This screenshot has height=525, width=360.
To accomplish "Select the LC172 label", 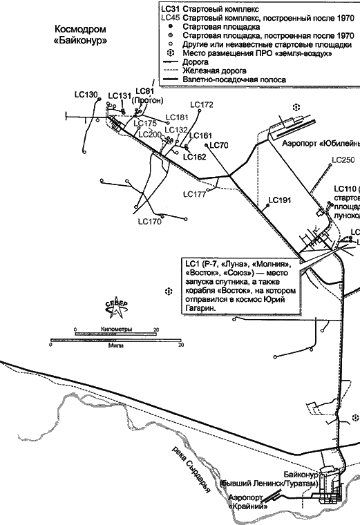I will coord(202,105).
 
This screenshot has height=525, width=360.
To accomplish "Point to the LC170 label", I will coord(149,222).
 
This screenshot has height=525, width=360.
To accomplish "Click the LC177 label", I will coord(195,194).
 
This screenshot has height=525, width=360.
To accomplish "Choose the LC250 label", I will coord(343,160).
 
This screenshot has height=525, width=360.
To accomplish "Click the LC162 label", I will coord(194,157).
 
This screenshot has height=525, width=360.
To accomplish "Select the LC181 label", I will coord(178,117).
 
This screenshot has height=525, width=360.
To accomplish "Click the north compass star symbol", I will coord(116,306).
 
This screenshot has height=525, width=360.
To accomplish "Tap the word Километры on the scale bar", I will coord(116,330).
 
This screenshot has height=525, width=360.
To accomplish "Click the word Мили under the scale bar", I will coord(116,345).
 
